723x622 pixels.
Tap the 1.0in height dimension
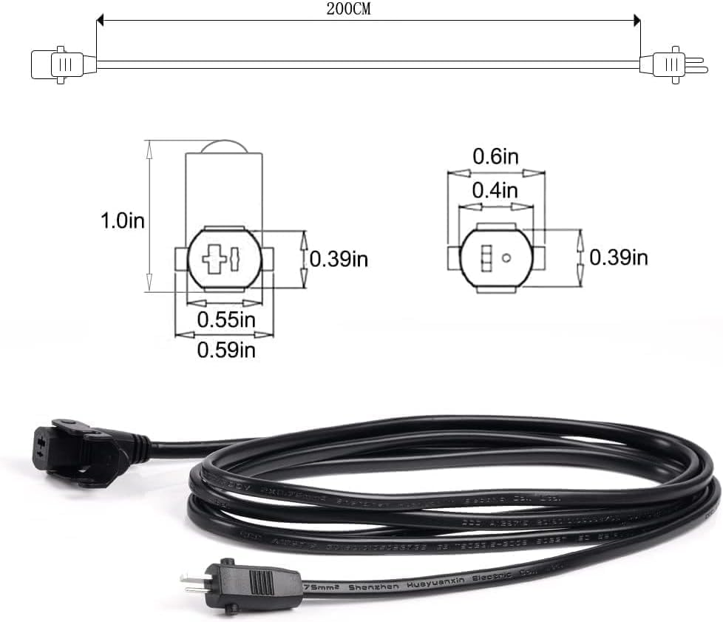click(x=122, y=220)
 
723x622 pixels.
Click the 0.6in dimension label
click(x=495, y=157)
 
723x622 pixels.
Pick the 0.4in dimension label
click(x=495, y=191)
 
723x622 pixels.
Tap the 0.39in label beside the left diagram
click(x=339, y=259)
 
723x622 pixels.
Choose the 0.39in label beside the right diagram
click(x=618, y=257)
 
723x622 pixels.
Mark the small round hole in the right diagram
click(x=507, y=258)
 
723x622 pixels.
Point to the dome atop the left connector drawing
click(x=224, y=146)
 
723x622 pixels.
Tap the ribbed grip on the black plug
click(x=262, y=580)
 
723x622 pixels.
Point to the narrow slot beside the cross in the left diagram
click(x=234, y=260)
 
